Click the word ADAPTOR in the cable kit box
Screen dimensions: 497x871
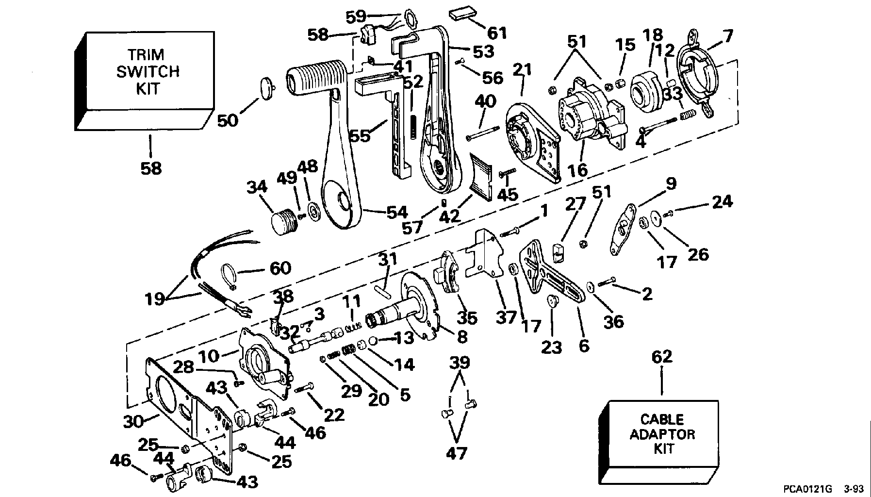coord(662,433)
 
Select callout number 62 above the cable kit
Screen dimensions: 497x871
coord(662,356)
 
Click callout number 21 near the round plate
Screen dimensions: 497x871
coord(523,69)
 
